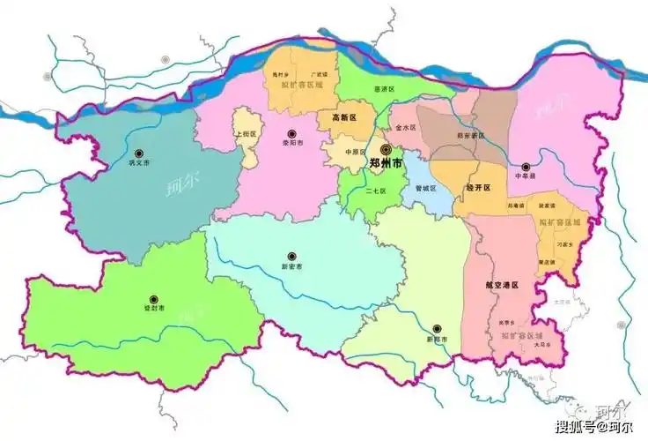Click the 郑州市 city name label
point(386,164)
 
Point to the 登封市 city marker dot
point(154,299)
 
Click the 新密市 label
point(291,265)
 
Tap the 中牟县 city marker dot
point(526,166)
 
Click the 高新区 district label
point(343,117)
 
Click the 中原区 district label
point(355,151)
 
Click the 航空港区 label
point(502,286)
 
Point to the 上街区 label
point(247,135)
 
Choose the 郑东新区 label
point(472,136)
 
